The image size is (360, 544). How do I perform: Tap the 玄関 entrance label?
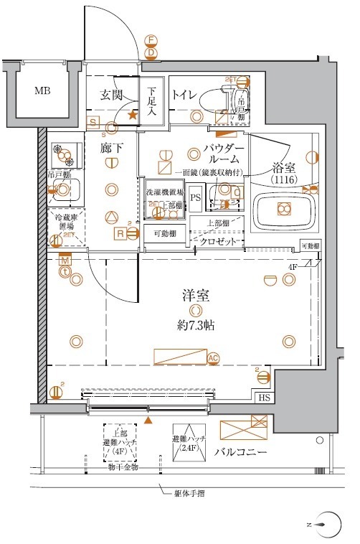pos(111,95)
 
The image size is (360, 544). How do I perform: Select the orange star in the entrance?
pos(132,113)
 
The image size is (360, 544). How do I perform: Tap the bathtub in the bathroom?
pos(285,210)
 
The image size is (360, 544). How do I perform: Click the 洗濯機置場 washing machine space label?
pos(164,193)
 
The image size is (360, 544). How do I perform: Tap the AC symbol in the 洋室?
pos(213,357)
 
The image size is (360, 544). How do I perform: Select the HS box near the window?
pos(265,397)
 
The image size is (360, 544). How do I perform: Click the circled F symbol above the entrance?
pos(151,40)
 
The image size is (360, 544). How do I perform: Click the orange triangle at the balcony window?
pos(148,419)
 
